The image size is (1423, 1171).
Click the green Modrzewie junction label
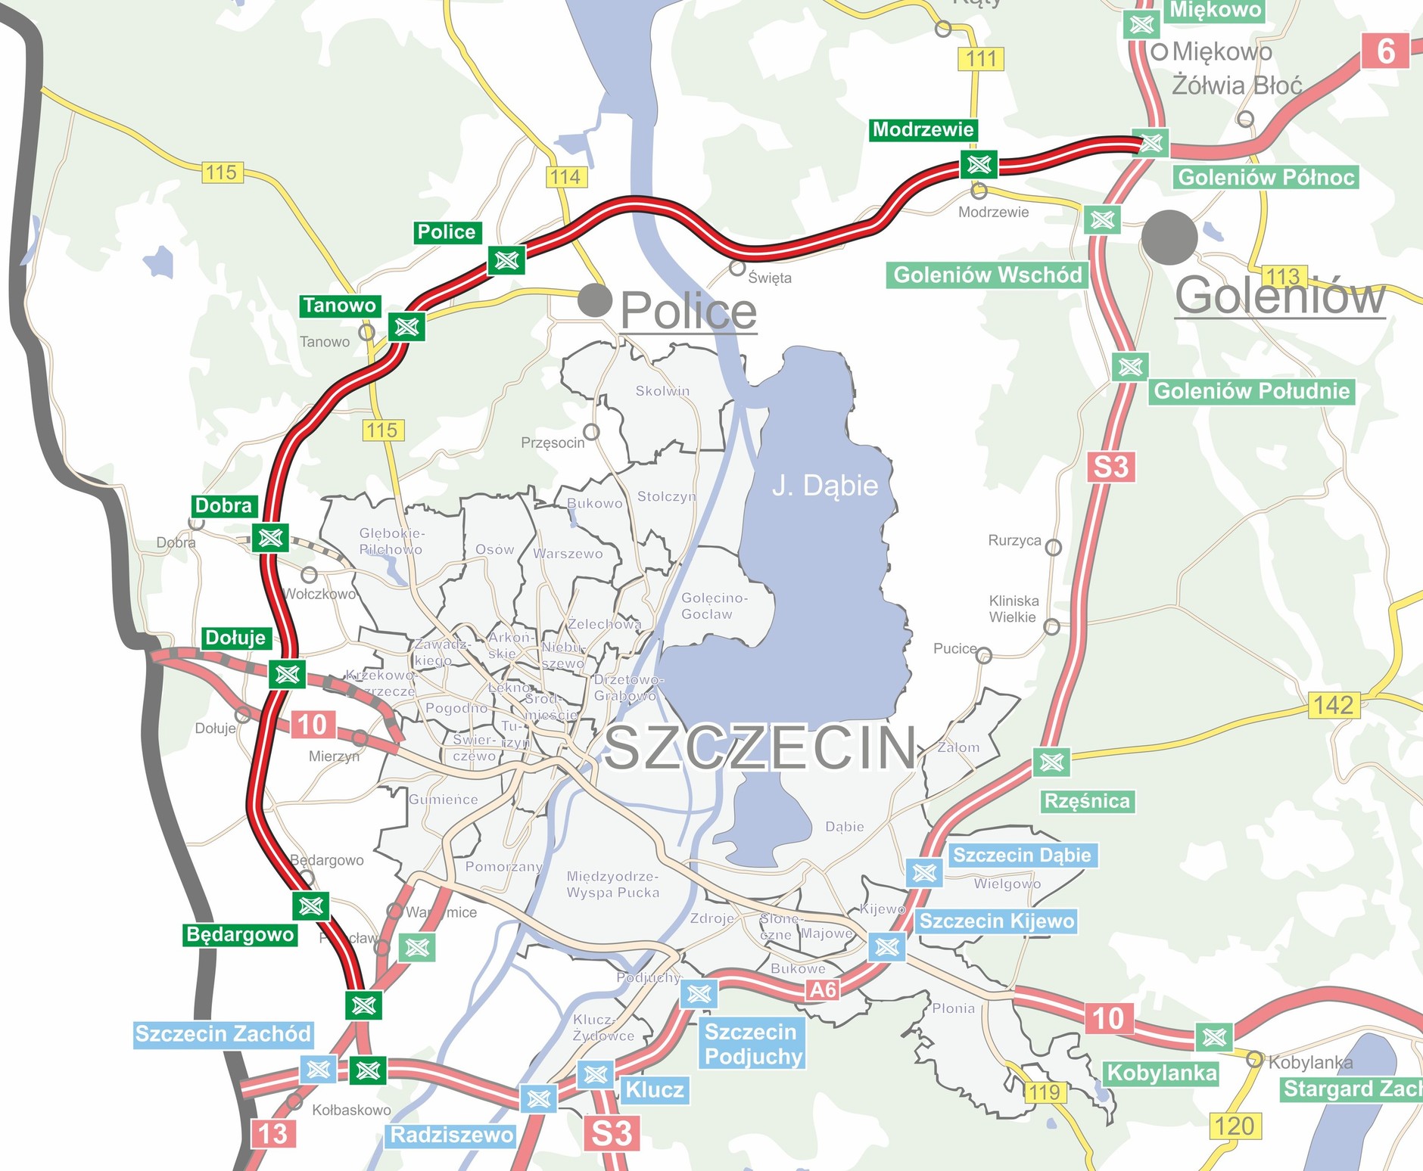coord(923,129)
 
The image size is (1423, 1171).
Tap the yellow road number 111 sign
coord(981,59)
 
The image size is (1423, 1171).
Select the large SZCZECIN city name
coord(760,747)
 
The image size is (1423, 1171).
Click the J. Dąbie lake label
coord(824,485)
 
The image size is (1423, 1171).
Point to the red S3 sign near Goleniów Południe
coord(1110,467)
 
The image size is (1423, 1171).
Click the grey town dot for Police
coord(594,300)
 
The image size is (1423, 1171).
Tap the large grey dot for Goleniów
coord(1169,238)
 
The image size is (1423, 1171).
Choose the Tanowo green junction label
coord(340,306)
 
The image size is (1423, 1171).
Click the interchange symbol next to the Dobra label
coord(270,538)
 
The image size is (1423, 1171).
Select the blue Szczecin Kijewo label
coord(996,921)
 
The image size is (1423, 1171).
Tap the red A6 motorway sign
coord(823,989)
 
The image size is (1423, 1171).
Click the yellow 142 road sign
coord(1333,704)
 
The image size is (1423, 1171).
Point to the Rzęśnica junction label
coord(1087,801)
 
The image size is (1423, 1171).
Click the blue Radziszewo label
coord(452,1135)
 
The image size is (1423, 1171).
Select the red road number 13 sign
coord(272,1133)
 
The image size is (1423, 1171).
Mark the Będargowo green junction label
coord(240,934)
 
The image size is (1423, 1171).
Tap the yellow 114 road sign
coord(565,177)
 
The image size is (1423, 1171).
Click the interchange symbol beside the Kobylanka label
coord(1214,1036)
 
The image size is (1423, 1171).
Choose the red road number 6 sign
coord(1384,51)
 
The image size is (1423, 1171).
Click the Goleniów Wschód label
coord(987,275)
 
